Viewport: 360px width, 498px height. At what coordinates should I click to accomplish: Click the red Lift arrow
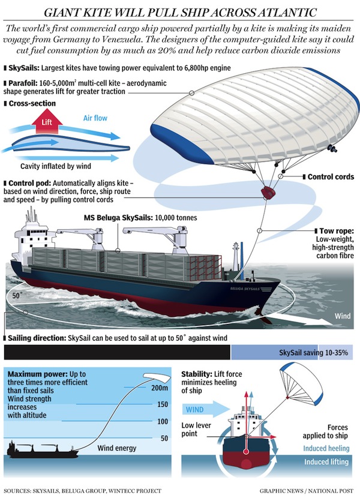47,121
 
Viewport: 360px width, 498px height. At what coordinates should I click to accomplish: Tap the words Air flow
95,118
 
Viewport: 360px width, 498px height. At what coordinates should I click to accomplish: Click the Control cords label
331,176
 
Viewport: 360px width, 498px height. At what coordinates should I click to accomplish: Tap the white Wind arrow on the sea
301,319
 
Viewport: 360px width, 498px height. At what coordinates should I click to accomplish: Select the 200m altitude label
160,388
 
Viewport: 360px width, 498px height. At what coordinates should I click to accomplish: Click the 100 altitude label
163,421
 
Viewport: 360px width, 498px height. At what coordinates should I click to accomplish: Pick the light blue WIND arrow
206,409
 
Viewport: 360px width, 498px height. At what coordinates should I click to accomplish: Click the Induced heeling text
326,448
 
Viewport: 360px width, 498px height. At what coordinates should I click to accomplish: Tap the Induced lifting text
326,462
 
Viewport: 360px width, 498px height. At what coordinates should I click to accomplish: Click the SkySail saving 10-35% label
314,353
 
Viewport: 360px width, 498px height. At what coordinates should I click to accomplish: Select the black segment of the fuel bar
117,353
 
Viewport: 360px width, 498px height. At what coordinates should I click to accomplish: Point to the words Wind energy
116,448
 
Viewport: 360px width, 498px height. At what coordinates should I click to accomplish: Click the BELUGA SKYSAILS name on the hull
245,289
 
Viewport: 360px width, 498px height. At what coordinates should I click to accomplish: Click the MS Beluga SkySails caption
140,218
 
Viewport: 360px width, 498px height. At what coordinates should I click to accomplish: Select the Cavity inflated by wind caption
56,166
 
